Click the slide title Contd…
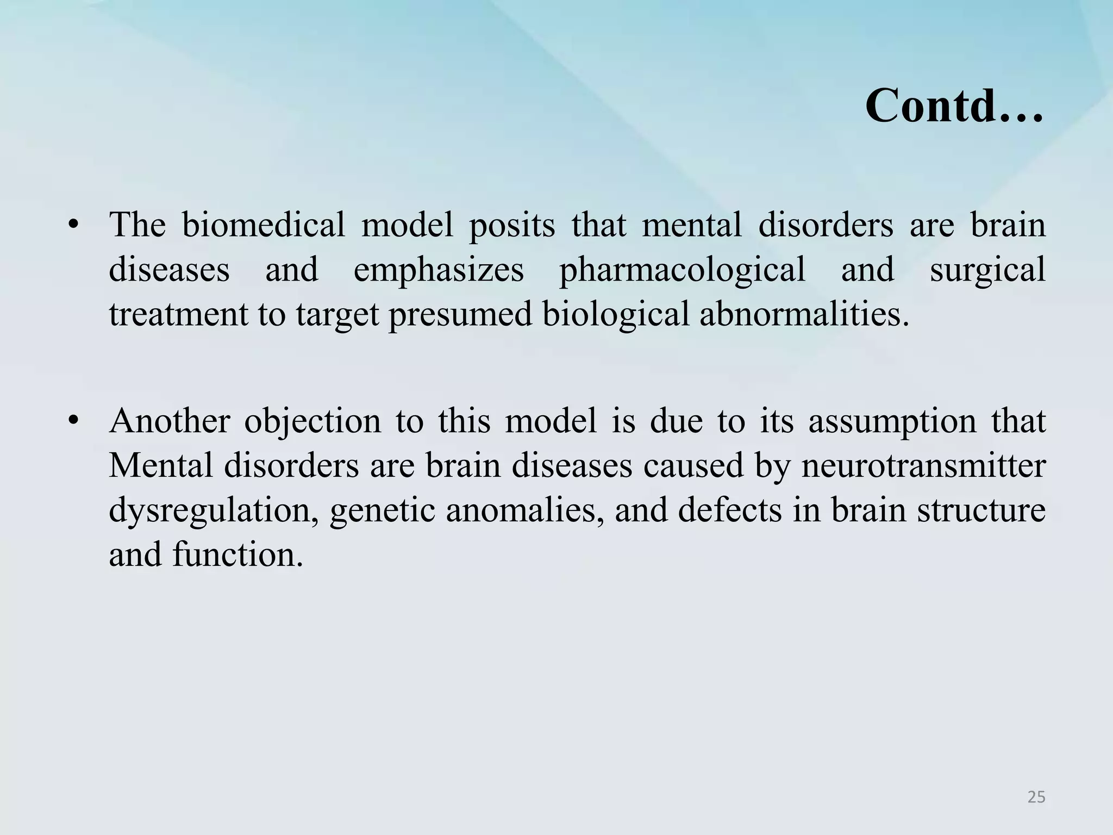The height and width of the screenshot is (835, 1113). (x=954, y=106)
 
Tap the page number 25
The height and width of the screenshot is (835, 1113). (x=1036, y=797)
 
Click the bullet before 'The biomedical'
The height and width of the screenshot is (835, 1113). (x=74, y=225)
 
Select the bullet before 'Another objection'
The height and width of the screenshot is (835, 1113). (x=74, y=421)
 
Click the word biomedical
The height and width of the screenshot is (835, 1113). (x=263, y=225)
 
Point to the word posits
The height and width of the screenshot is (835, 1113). (x=511, y=226)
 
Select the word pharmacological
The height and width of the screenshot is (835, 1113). (x=682, y=270)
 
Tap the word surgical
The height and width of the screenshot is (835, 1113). (x=987, y=270)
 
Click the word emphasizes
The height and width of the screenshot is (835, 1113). (x=439, y=270)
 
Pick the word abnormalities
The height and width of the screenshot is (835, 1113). (x=804, y=314)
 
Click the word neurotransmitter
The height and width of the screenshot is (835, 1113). (x=923, y=466)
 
